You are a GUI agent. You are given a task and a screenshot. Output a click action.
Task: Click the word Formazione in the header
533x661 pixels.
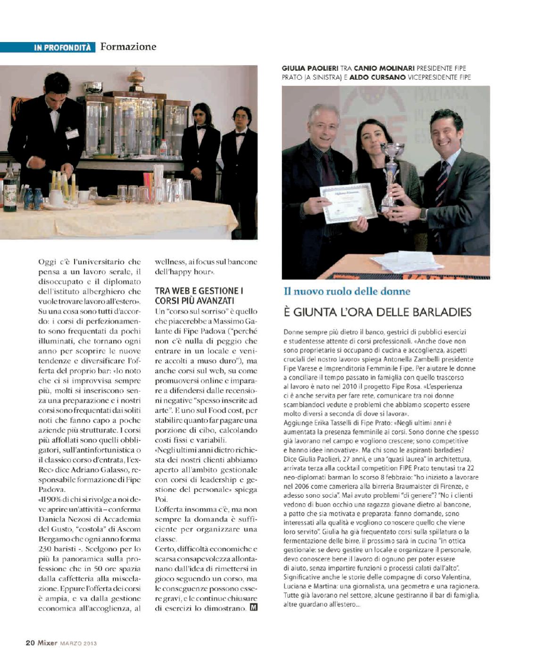coord(128,47)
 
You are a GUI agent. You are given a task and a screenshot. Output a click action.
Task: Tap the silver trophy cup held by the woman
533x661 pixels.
coord(391,175)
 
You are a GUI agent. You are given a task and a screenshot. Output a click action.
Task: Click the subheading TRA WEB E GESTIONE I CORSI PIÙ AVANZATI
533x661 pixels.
coord(199,296)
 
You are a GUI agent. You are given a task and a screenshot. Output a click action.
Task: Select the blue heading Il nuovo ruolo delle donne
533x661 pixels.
coord(347,291)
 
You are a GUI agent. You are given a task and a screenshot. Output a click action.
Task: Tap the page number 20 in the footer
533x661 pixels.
coord(30,643)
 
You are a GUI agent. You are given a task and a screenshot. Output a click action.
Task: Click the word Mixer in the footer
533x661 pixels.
coord(48,643)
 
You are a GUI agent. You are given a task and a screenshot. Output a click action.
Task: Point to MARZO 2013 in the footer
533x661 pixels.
coord(79,643)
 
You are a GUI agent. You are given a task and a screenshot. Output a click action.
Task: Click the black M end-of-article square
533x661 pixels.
coord(253,607)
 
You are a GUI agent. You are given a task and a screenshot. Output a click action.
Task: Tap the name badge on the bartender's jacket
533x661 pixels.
coord(72,134)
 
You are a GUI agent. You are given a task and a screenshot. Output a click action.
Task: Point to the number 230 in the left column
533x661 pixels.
coord(45,549)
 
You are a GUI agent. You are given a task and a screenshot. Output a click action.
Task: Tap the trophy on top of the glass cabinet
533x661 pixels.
coord(136,79)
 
